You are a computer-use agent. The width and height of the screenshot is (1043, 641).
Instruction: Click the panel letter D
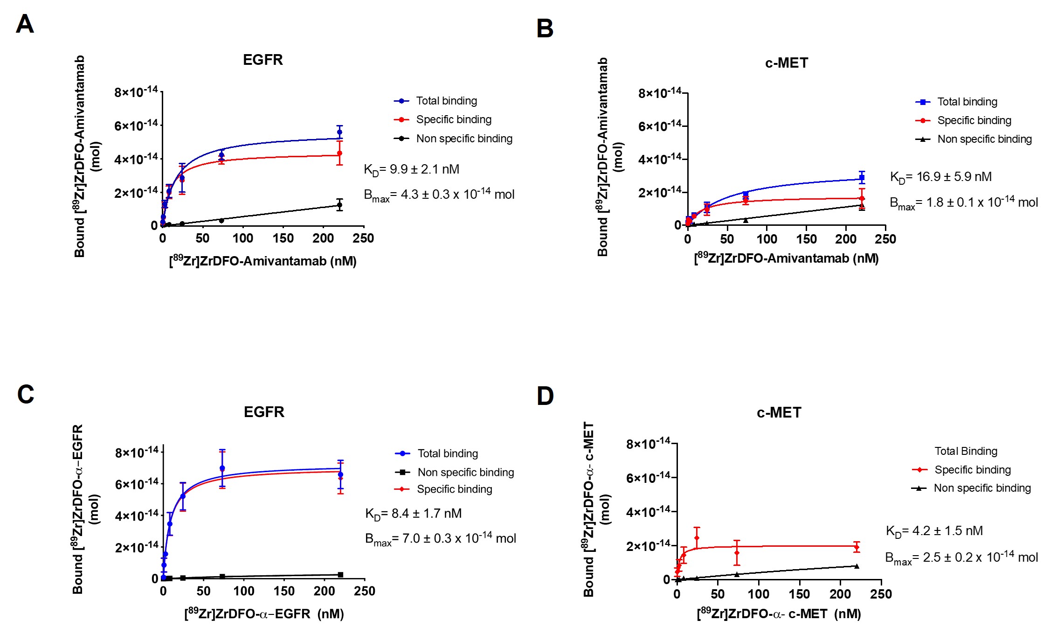pyautogui.click(x=545, y=396)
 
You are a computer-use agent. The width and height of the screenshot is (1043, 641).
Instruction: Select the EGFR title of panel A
pyautogui.click(x=262, y=60)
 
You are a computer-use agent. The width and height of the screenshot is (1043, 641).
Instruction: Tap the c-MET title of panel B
pyautogui.click(x=786, y=63)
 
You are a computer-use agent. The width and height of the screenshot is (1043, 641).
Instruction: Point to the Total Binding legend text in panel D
pyautogui.click(x=966, y=451)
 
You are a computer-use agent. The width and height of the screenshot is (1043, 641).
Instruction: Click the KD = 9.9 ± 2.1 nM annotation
pyautogui.click(x=411, y=170)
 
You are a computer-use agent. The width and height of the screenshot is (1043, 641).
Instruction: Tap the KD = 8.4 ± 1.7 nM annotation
pyautogui.click(x=413, y=514)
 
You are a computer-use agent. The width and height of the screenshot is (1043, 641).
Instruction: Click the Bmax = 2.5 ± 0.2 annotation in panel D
pyautogui.click(x=961, y=558)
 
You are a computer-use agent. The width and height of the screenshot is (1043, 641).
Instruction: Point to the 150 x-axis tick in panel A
pyautogui.click(x=283, y=238)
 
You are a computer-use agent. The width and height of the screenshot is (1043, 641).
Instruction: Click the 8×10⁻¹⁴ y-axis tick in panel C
pyautogui.click(x=137, y=453)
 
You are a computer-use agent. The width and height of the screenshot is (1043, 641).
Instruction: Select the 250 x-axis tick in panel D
pyautogui.click(x=881, y=594)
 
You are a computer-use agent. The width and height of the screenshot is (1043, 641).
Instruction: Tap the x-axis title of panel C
pyautogui.click(x=264, y=614)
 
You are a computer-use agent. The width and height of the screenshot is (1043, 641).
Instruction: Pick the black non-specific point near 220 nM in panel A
pyautogui.click(x=339, y=205)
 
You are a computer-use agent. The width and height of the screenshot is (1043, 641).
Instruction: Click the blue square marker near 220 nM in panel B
pyautogui.click(x=862, y=178)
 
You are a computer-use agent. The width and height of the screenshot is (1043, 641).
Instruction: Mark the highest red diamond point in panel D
pyautogui.click(x=697, y=538)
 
